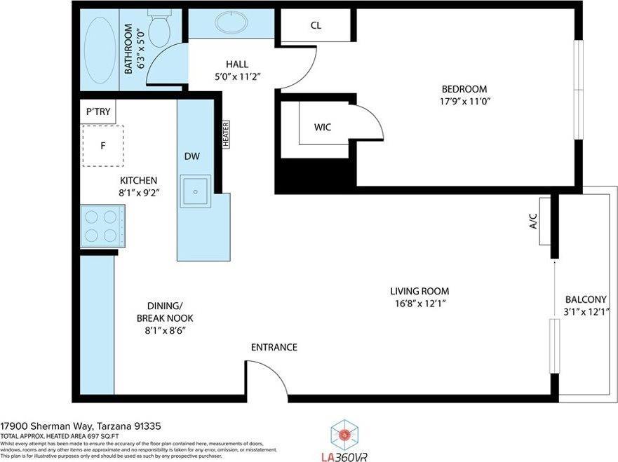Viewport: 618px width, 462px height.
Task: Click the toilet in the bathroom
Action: pyautogui.click(x=159, y=27)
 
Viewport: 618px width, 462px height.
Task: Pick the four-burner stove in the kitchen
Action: pyautogui.click(x=102, y=226)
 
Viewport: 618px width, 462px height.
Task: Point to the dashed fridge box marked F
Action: pyautogui.click(x=103, y=146)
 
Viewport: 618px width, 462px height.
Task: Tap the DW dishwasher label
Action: pyautogui.click(x=192, y=156)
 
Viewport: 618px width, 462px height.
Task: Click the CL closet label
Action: pyautogui.click(x=316, y=26)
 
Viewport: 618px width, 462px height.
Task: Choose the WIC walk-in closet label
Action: pyautogui.click(x=322, y=127)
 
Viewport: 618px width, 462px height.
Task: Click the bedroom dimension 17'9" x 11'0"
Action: pyautogui.click(x=464, y=101)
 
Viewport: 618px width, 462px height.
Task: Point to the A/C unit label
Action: pyautogui.click(x=533, y=222)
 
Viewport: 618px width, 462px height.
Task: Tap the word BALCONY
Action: pyautogui.click(x=586, y=299)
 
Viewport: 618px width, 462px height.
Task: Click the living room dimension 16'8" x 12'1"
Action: pyautogui.click(x=419, y=303)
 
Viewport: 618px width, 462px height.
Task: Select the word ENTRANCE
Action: pyautogui.click(x=274, y=348)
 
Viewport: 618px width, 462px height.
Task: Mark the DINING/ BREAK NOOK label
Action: pyautogui.click(x=165, y=318)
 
